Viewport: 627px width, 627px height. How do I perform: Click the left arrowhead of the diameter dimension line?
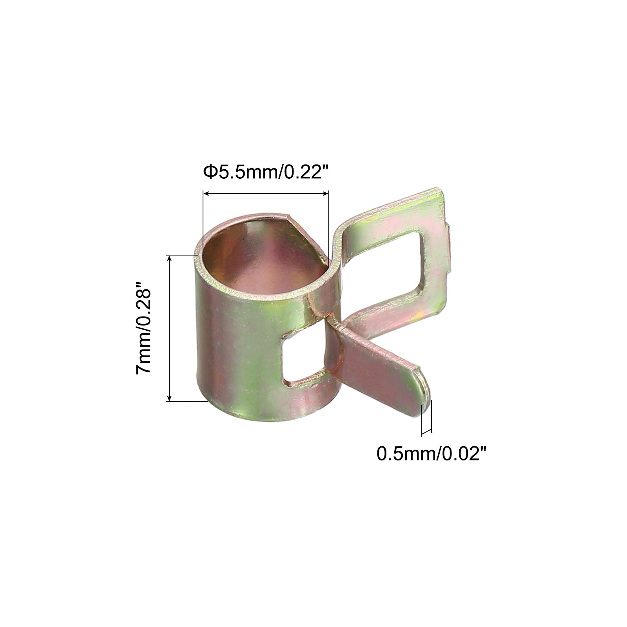tap(205, 193)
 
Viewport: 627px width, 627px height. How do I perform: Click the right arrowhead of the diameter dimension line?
tap(325, 193)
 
